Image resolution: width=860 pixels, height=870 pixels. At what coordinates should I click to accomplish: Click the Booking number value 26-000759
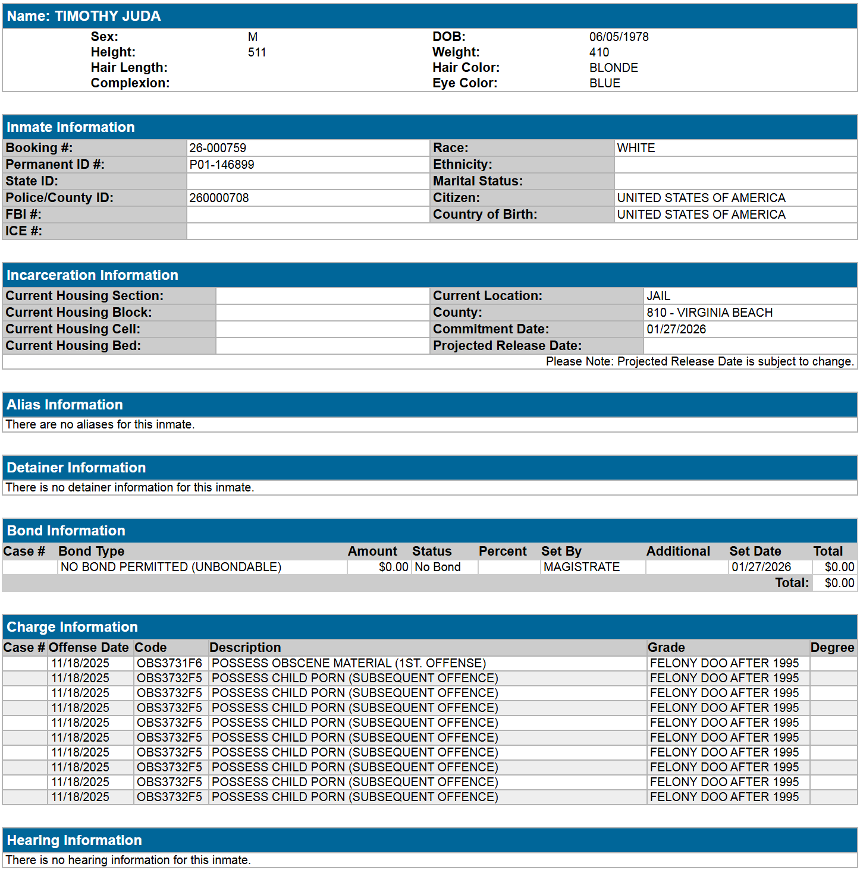[x=218, y=148]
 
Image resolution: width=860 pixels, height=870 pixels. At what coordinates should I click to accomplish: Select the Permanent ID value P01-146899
[x=222, y=165]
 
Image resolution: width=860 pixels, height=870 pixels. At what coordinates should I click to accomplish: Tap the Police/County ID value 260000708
[x=219, y=198]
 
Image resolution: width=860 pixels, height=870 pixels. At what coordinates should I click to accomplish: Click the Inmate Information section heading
[x=71, y=127]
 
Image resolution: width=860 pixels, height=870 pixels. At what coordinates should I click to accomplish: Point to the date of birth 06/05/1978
[x=619, y=37]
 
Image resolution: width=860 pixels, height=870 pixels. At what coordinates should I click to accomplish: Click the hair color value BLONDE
[x=613, y=68]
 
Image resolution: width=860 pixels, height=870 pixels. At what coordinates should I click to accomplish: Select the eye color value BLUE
[x=604, y=83]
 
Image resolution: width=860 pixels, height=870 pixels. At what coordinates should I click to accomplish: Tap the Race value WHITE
[x=636, y=148]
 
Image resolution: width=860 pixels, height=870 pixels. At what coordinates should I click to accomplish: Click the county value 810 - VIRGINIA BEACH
[x=710, y=313]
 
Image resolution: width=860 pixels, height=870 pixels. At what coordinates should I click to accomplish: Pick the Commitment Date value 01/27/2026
[x=676, y=329]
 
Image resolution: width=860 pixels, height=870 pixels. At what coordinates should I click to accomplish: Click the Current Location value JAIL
[x=658, y=296]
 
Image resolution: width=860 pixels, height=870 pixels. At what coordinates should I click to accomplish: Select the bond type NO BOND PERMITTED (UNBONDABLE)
[x=171, y=567]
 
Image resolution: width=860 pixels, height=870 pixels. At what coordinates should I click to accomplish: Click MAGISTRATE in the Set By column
[x=581, y=567]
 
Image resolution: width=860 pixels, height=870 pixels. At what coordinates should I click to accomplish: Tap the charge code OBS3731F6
[x=170, y=663]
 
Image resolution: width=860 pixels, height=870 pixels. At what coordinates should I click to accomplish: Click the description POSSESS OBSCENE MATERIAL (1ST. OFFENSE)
[x=349, y=663]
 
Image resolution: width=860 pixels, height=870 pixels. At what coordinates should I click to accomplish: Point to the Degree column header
[x=832, y=648]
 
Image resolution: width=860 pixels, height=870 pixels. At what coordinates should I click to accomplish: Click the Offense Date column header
[x=89, y=648]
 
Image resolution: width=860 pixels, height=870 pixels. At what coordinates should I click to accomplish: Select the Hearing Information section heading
[x=74, y=840]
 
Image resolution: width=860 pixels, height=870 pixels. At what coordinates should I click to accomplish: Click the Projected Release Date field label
[x=507, y=346]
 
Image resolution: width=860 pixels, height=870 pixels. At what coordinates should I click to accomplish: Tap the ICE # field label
[x=24, y=231]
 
